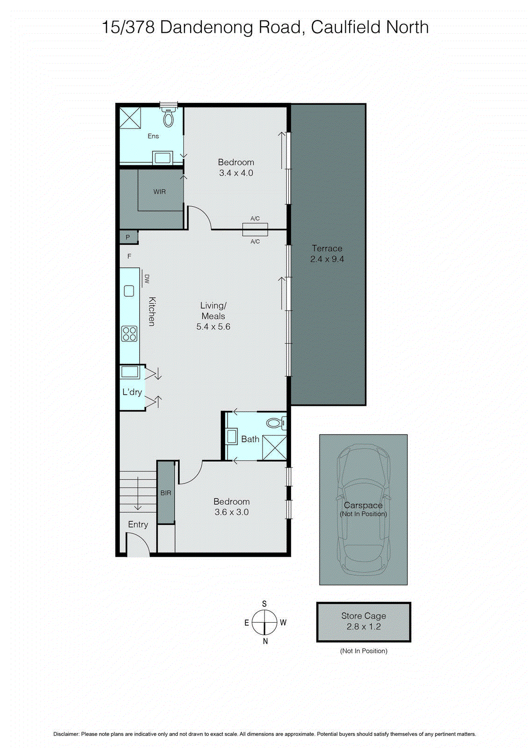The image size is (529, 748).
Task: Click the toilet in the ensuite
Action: click(168, 118)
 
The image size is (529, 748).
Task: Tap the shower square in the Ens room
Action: click(130, 117)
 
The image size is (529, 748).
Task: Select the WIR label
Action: click(159, 192)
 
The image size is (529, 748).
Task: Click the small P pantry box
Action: click(128, 237)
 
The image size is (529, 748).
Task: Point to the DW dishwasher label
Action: click(146, 279)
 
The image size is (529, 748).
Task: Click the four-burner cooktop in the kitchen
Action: click(129, 334)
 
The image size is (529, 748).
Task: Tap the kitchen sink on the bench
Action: click(129, 291)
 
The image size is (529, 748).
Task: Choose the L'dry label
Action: click(132, 392)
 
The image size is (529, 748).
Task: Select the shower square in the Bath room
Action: click(274, 447)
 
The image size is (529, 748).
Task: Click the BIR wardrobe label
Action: click(165, 493)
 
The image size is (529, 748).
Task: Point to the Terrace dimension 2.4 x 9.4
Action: click(327, 259)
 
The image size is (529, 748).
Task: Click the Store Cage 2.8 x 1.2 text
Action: click(364, 621)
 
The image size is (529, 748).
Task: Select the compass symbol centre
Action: click(264, 623)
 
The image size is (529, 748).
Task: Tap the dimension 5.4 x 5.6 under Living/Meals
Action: click(213, 327)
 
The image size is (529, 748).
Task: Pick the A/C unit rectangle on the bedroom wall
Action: click(255, 230)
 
